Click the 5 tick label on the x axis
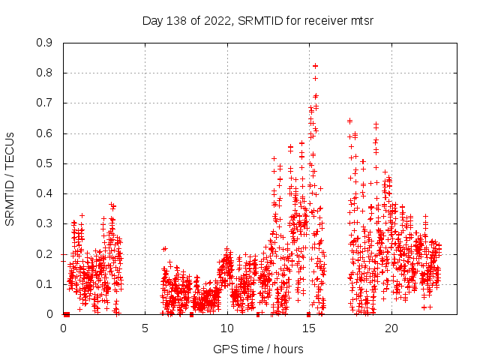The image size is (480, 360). (145, 328)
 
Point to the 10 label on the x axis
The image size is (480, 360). (227, 328)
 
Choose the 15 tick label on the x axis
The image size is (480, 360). (309, 328)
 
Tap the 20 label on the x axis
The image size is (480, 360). (391, 328)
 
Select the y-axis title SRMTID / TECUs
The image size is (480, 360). (10, 178)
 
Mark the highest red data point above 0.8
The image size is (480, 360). (316, 66)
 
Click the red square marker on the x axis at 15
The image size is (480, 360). (309, 314)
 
